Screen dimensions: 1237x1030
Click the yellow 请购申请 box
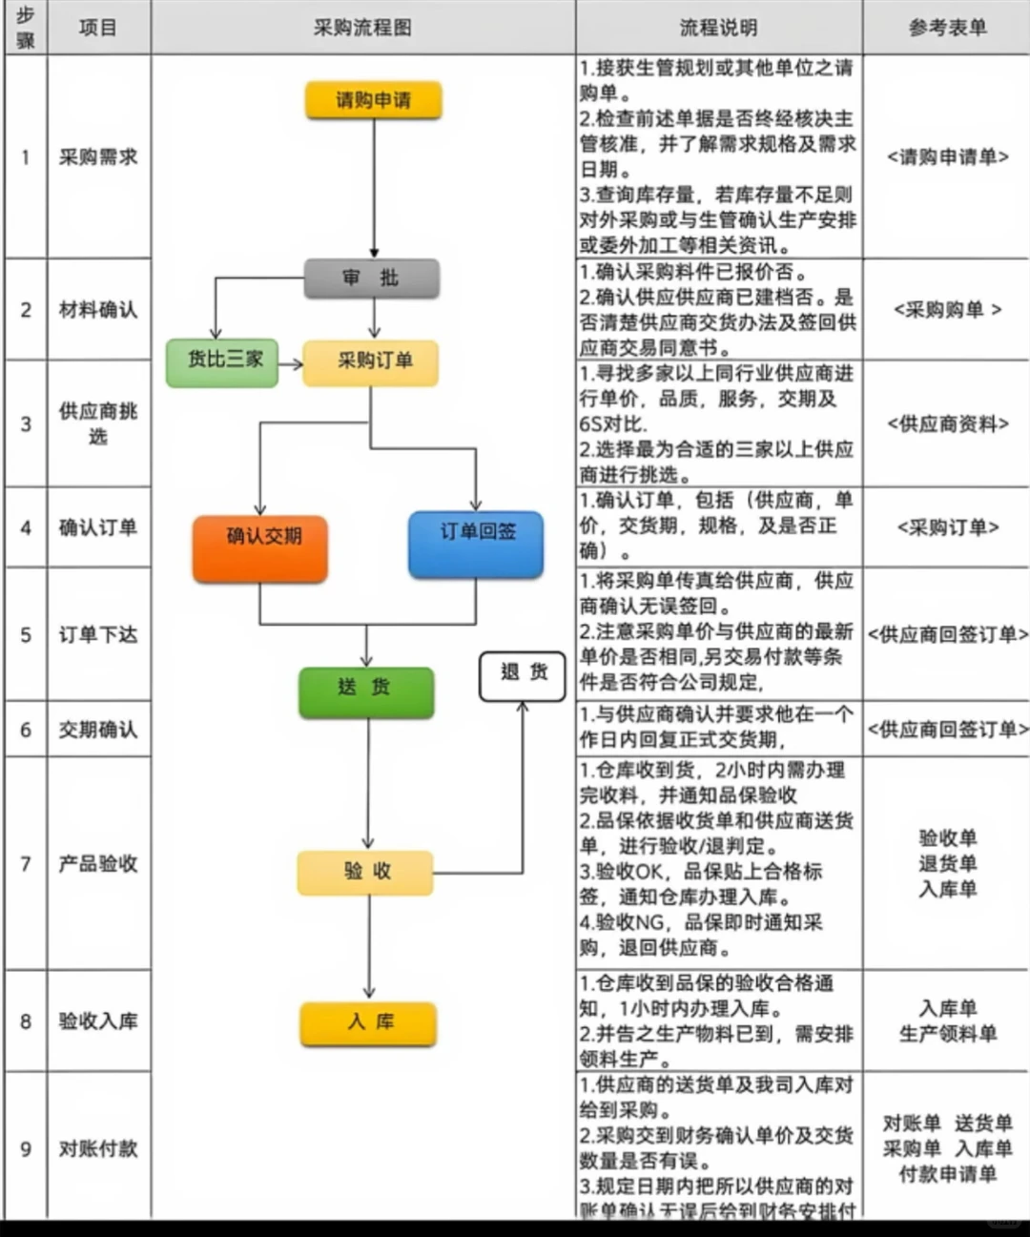(x=373, y=100)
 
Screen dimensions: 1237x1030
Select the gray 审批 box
(x=372, y=278)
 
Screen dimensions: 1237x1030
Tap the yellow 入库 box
(x=368, y=1023)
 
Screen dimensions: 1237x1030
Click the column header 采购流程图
(x=362, y=28)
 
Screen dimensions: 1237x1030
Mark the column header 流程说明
(x=718, y=28)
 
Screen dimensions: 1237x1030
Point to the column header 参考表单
(x=947, y=28)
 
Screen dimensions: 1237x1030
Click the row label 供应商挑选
(x=98, y=423)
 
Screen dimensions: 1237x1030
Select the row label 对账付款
(x=98, y=1148)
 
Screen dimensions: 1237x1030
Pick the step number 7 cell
(x=26, y=863)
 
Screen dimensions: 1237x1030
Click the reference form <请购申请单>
(x=947, y=156)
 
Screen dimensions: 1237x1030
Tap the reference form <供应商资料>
(x=947, y=423)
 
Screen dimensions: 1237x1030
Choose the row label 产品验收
(x=98, y=863)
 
